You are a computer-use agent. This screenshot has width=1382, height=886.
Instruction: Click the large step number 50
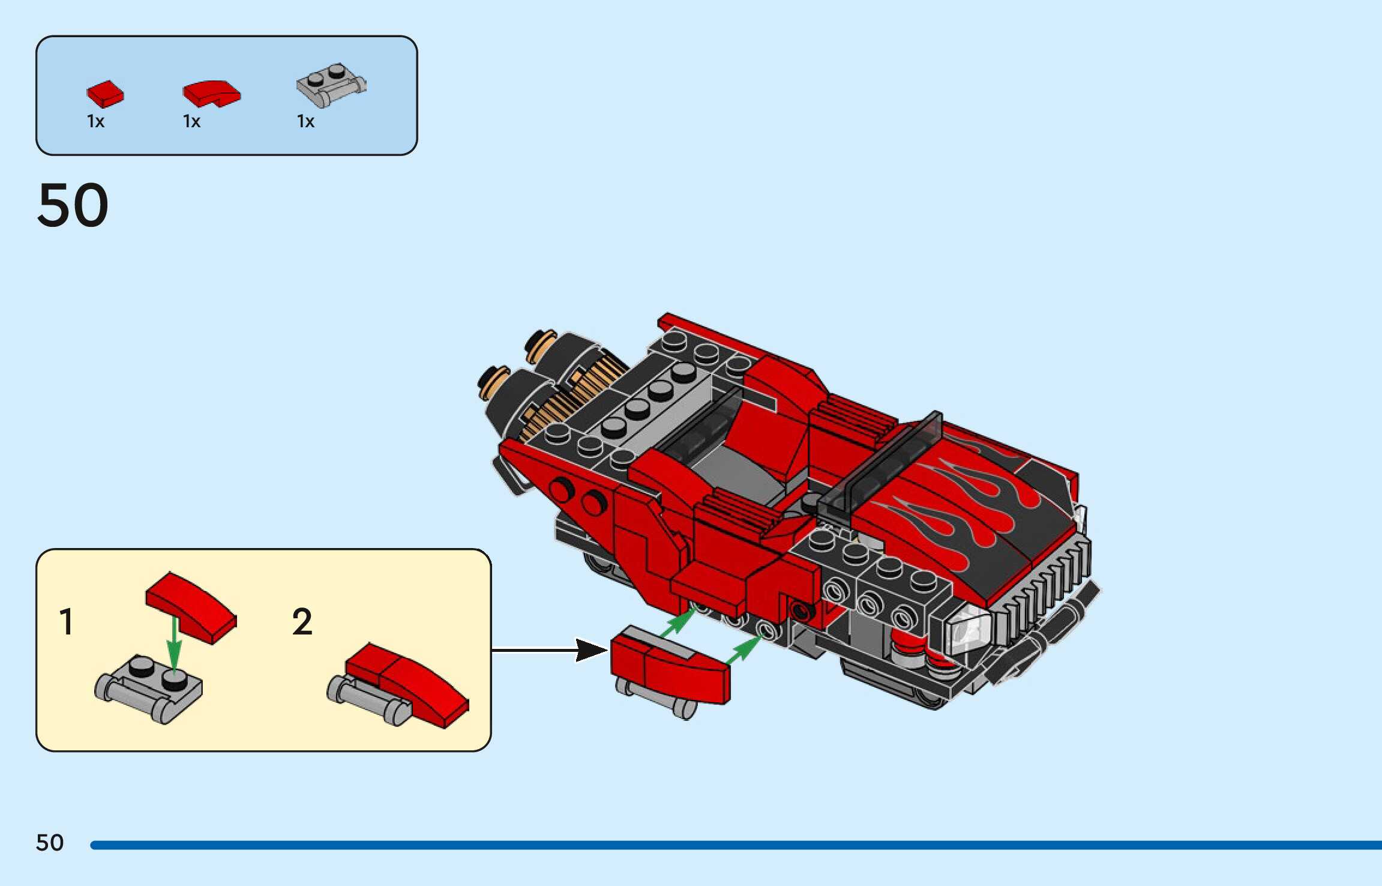pos(73,205)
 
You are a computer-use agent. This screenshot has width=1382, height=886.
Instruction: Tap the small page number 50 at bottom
pos(50,843)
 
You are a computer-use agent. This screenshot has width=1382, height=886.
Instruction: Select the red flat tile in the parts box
pos(105,94)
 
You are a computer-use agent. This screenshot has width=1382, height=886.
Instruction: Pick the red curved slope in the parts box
pos(211,94)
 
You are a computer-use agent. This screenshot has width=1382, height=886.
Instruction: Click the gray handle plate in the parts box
pos(331,85)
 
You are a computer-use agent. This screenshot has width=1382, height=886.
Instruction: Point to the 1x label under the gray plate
pos(305,122)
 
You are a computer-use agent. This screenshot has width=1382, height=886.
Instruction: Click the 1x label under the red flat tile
pos(95,122)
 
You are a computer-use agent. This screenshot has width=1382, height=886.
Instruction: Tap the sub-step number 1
pos(67,622)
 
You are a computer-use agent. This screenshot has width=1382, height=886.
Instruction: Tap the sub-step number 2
pos(302,622)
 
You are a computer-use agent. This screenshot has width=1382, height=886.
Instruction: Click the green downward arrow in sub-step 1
pos(174,642)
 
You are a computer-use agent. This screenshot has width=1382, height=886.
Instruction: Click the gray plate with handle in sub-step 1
pos(149,688)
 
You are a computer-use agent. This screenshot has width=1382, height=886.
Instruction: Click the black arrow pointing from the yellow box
pos(549,649)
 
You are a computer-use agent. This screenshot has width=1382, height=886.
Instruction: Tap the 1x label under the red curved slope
pos(191,122)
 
